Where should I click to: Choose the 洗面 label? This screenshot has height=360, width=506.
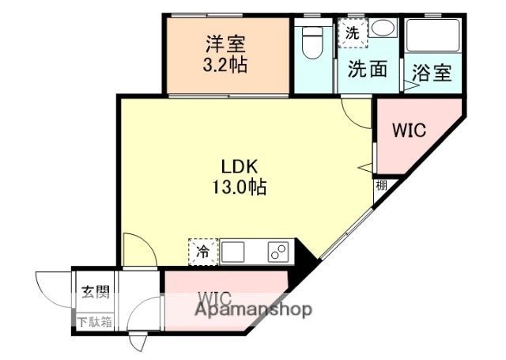coord(368,70)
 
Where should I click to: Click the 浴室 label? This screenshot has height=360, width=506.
coord(432,73)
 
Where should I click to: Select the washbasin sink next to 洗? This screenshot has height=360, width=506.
coord(383,29)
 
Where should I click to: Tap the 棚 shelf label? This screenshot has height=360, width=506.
coord(382,187)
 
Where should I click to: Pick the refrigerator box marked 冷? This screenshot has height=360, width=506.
coord(202,252)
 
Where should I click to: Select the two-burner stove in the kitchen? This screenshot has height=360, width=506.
coord(278,252)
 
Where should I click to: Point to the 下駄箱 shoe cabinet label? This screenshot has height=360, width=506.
coord(94,321)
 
